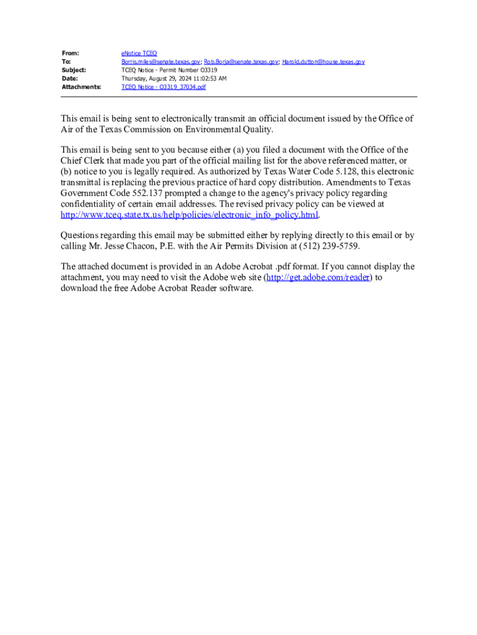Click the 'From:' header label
[70, 54]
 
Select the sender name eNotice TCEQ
[139, 54]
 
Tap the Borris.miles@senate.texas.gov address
[160, 62]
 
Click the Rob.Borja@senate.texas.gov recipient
[241, 62]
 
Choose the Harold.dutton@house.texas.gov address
[323, 62]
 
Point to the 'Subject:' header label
[74, 71]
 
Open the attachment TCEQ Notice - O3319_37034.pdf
[164, 87]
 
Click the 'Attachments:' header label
[81, 87]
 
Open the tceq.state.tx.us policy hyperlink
[189, 215]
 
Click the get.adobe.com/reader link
[318, 277]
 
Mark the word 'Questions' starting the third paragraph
[80, 235]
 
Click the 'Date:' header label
[69, 79]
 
